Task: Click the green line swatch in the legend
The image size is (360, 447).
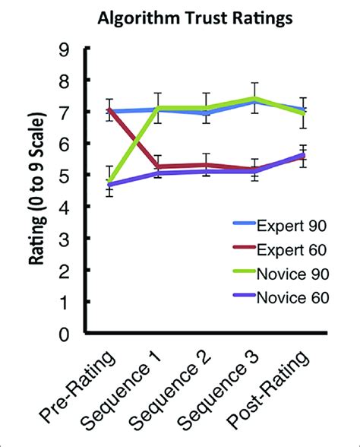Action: coord(245,274)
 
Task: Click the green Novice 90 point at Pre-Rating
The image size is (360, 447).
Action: coord(110,182)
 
